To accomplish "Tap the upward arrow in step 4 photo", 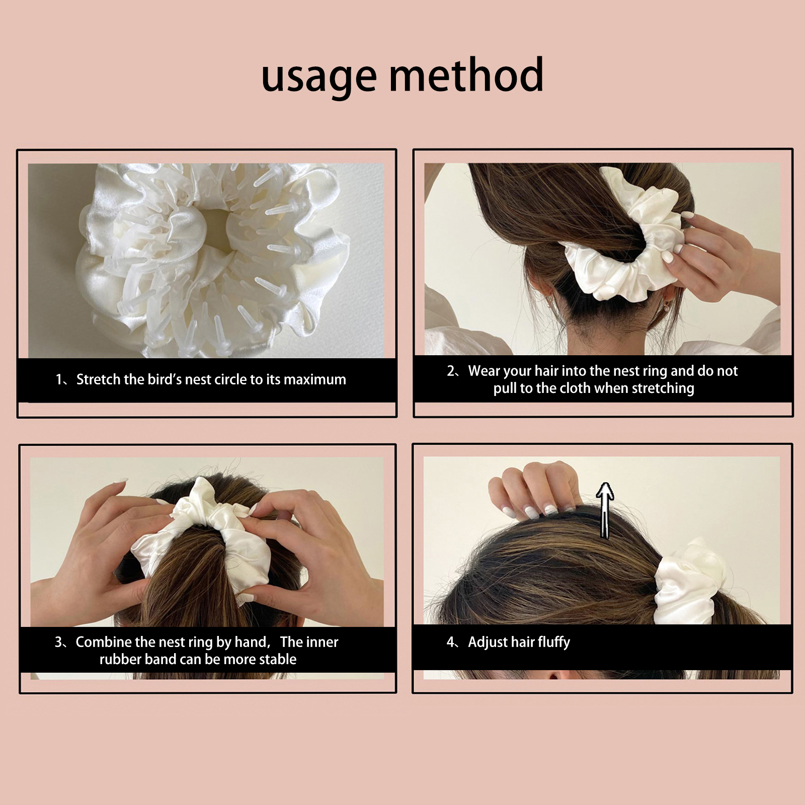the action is coord(605,510).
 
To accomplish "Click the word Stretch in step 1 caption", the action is coord(99,379).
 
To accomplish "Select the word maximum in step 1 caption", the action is coord(315,379).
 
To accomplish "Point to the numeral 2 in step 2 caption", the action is coord(451,371).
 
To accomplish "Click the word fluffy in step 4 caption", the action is coord(554,642).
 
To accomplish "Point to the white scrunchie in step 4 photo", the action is coord(690,581).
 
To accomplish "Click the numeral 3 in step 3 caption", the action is coord(59,642).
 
